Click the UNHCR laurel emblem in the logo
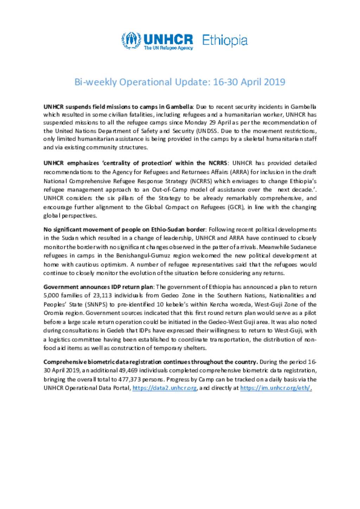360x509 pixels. (131, 41)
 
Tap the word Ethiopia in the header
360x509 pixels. (225, 40)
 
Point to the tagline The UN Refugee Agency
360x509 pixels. (168, 48)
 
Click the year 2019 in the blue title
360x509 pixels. (274, 82)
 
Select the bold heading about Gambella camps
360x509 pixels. (118, 106)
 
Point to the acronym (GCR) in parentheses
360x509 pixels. (236, 207)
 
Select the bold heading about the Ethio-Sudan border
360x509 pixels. (124, 229)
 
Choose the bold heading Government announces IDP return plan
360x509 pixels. (98, 287)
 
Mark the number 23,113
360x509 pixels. (102, 295)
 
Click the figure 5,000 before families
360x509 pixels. (51, 295)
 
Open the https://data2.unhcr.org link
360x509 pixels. (165, 388)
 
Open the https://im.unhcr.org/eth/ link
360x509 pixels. (276, 388)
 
